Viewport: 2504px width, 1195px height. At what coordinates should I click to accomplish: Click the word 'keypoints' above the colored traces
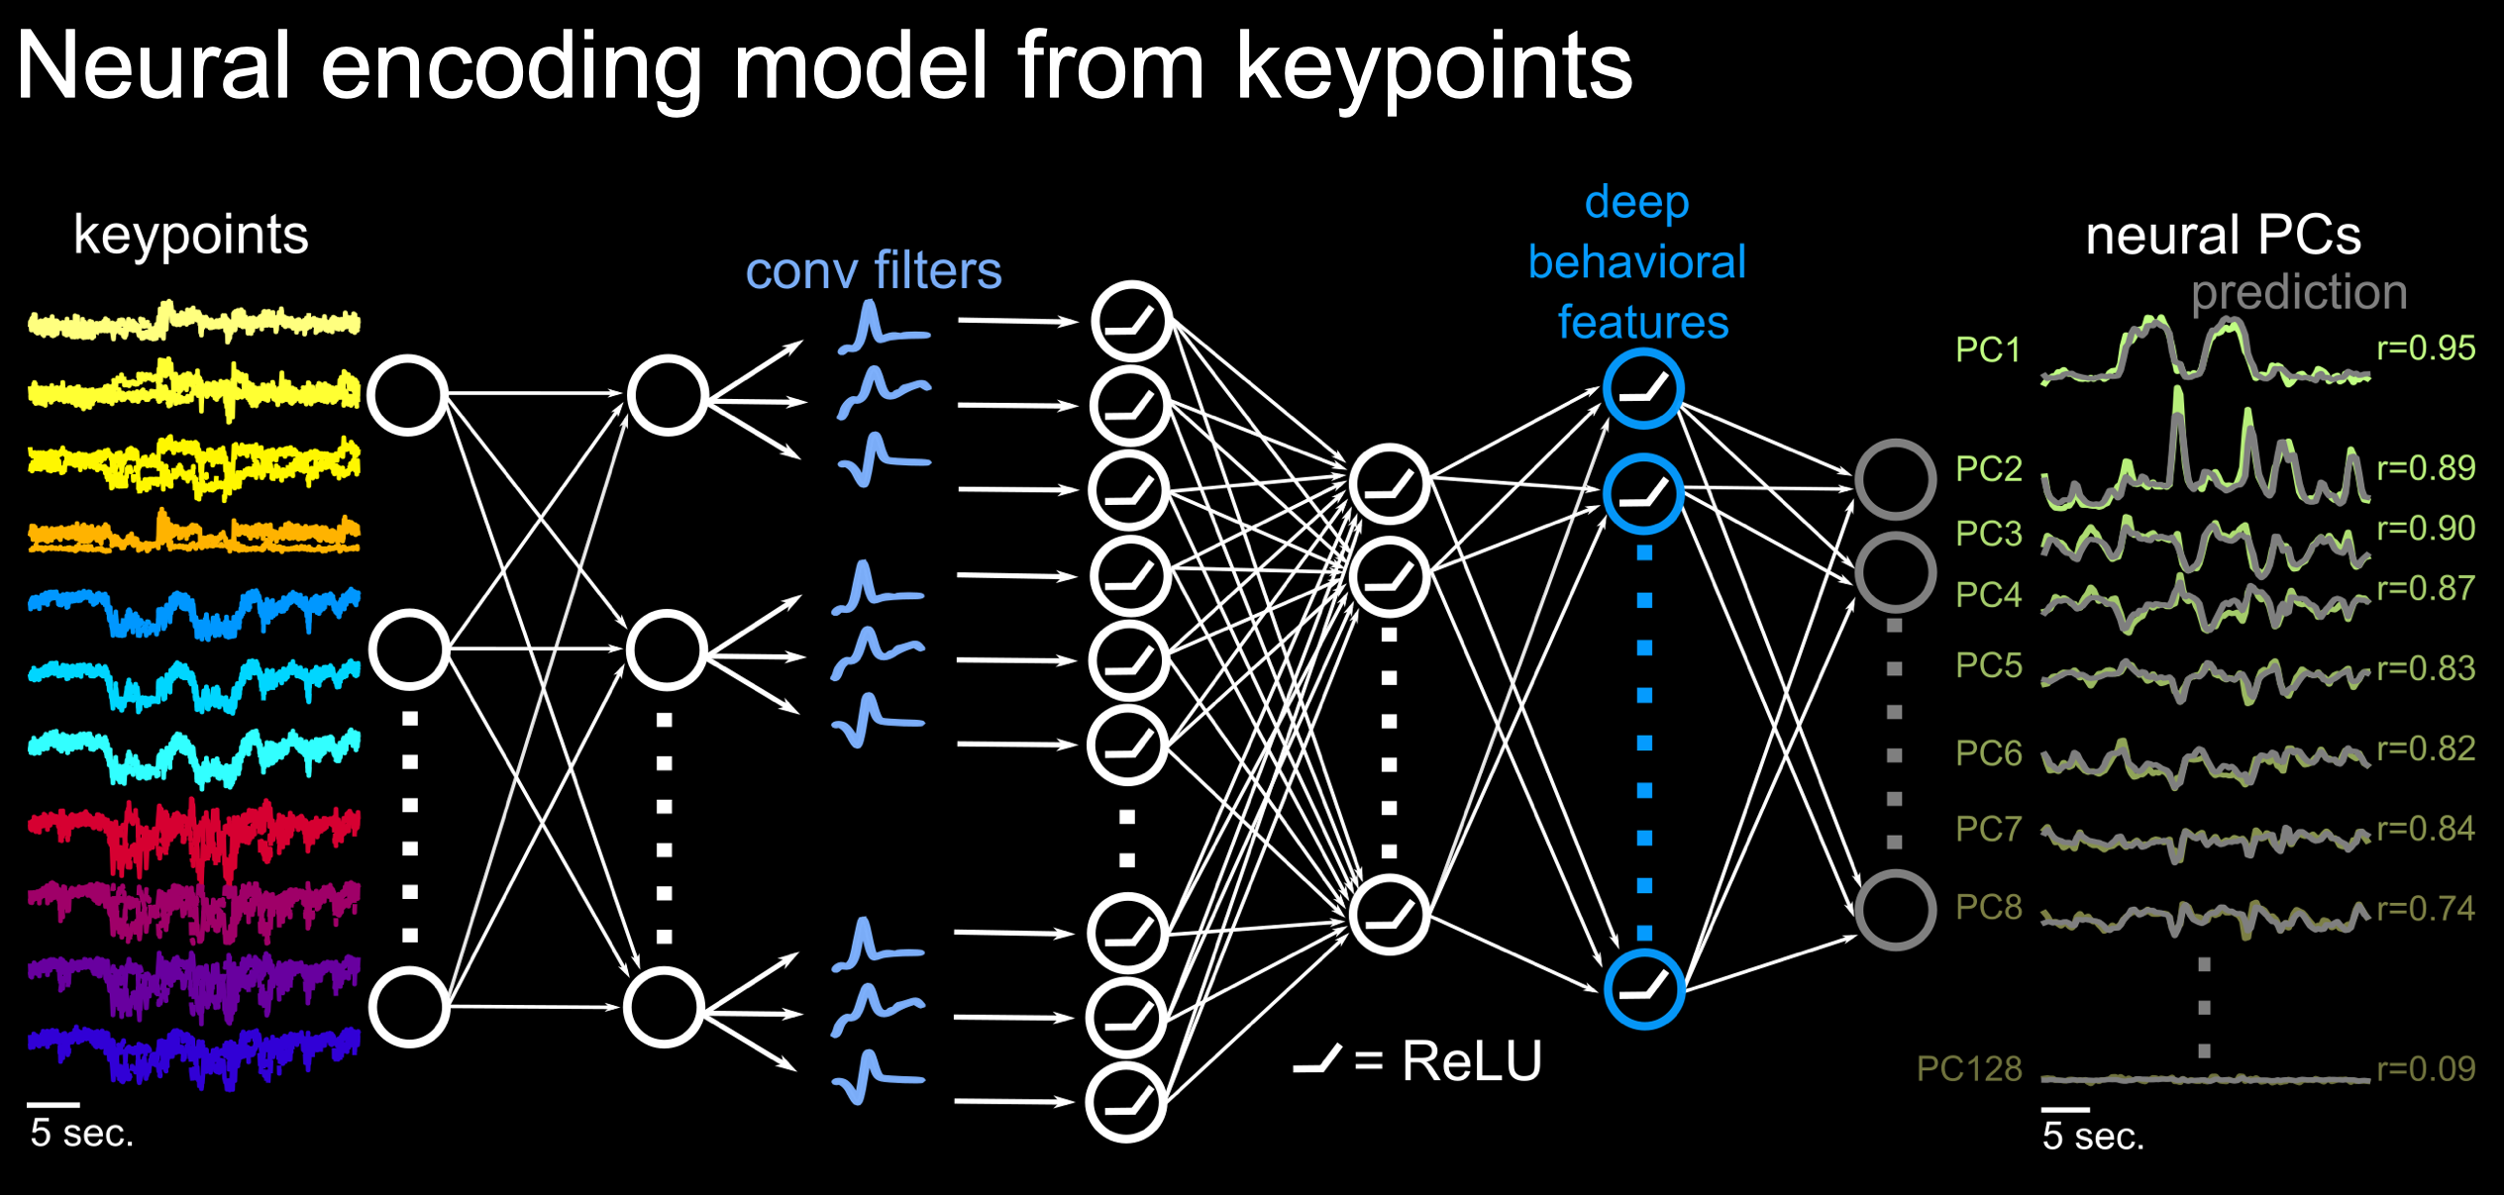(191, 236)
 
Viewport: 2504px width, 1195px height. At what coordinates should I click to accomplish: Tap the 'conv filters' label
(873, 270)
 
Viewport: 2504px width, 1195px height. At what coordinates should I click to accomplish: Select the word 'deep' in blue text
(1636, 203)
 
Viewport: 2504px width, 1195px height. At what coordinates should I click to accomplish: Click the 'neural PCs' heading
(2223, 236)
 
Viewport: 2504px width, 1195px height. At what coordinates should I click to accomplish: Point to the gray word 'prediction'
(2298, 292)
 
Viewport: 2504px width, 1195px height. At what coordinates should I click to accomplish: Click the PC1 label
(1987, 349)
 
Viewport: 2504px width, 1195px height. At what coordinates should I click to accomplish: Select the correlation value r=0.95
(2426, 348)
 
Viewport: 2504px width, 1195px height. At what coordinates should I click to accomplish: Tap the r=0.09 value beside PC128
(2426, 1068)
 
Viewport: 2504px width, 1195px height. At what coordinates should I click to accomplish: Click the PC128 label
(1968, 1068)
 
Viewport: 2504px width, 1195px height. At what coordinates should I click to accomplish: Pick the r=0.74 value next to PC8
(2426, 908)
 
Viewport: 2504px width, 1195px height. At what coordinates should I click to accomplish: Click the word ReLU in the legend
(1472, 1061)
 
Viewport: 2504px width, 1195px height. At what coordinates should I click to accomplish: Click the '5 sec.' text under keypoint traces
(81, 1133)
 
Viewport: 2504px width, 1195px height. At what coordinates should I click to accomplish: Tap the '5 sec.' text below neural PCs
(2092, 1136)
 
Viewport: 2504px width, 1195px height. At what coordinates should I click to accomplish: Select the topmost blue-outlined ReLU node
(1643, 388)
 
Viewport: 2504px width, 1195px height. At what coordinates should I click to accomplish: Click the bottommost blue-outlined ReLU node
(1643, 988)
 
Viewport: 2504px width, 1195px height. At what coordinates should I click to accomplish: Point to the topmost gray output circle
(1895, 479)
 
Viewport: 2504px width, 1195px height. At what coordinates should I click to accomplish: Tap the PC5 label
(1988, 665)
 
